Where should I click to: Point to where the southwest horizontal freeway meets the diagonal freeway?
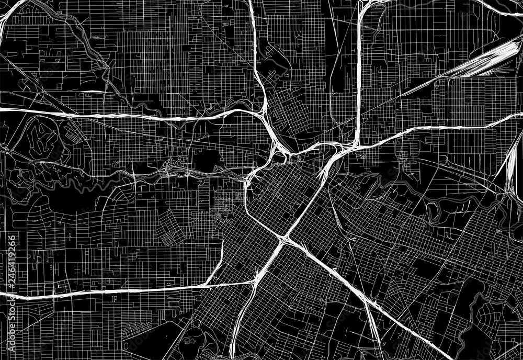tap(253, 283)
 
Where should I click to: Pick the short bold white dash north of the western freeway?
tap(94, 92)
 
